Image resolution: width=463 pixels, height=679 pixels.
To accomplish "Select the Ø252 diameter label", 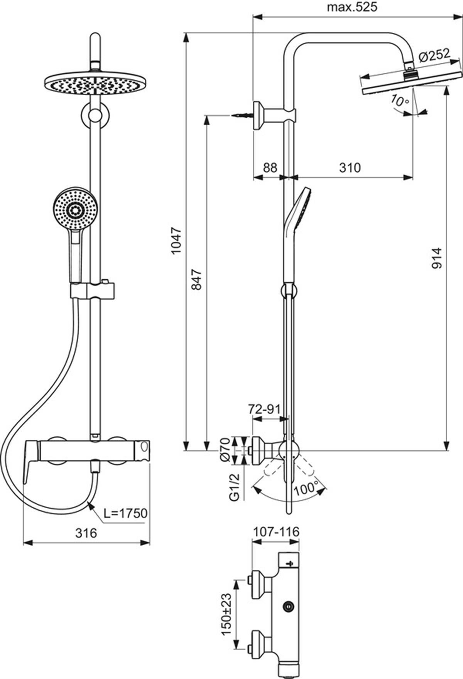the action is point(434,55).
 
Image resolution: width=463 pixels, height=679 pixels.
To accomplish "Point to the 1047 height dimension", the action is point(176,241).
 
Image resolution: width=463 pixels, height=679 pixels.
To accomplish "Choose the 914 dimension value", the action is point(436,259).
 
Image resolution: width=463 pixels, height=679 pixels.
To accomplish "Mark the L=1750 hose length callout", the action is point(126,513).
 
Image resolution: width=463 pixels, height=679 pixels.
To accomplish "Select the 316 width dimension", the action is point(86,534).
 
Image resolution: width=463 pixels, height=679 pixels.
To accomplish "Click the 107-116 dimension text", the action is point(276,532).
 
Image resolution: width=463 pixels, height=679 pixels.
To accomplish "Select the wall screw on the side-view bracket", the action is point(243,115).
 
